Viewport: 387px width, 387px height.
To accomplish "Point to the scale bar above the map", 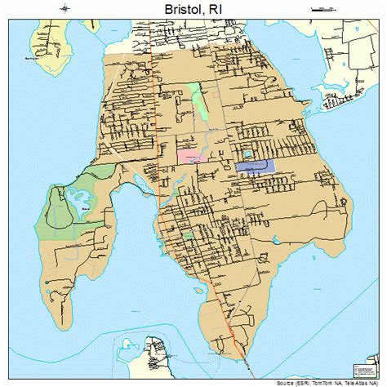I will point(324,9).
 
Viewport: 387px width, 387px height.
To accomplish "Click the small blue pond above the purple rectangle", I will point(247,153).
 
